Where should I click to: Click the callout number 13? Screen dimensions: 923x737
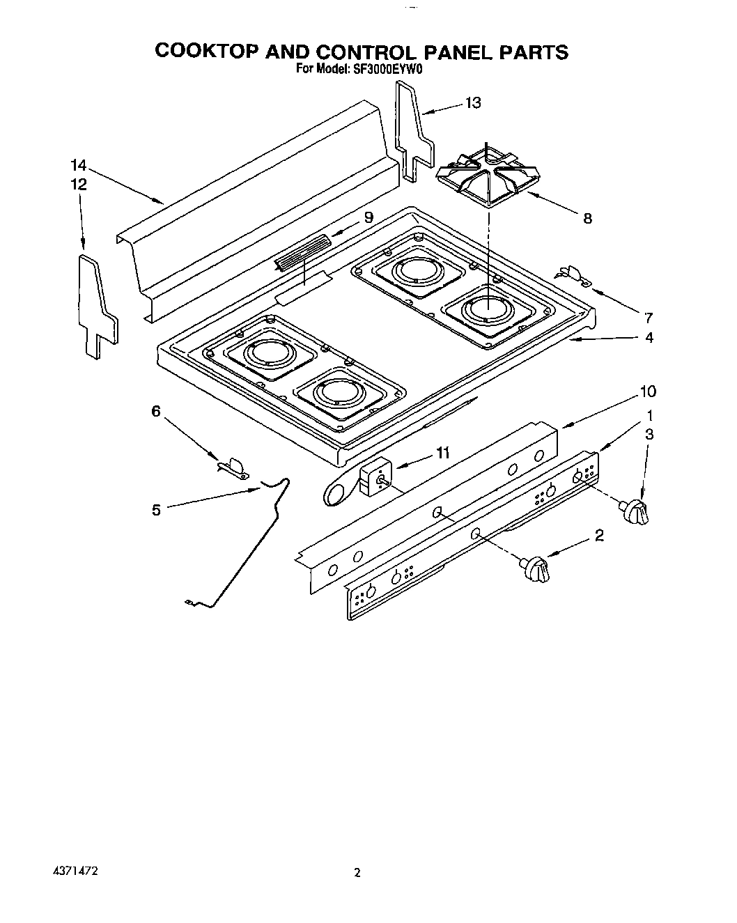473,103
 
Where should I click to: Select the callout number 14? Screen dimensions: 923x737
78,166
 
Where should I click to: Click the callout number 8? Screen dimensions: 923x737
587,218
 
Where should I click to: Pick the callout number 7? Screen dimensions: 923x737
648,318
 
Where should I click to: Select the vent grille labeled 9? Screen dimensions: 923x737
303,251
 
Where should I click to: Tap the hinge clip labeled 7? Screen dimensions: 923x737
573,274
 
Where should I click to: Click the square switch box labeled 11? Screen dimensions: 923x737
375,479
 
